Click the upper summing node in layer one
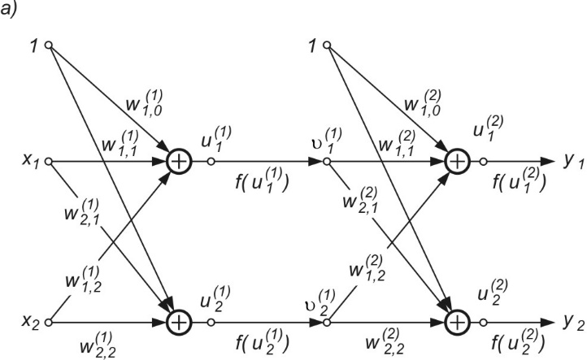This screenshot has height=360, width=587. tap(179, 162)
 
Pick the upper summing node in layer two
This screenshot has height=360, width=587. tap(457, 162)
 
